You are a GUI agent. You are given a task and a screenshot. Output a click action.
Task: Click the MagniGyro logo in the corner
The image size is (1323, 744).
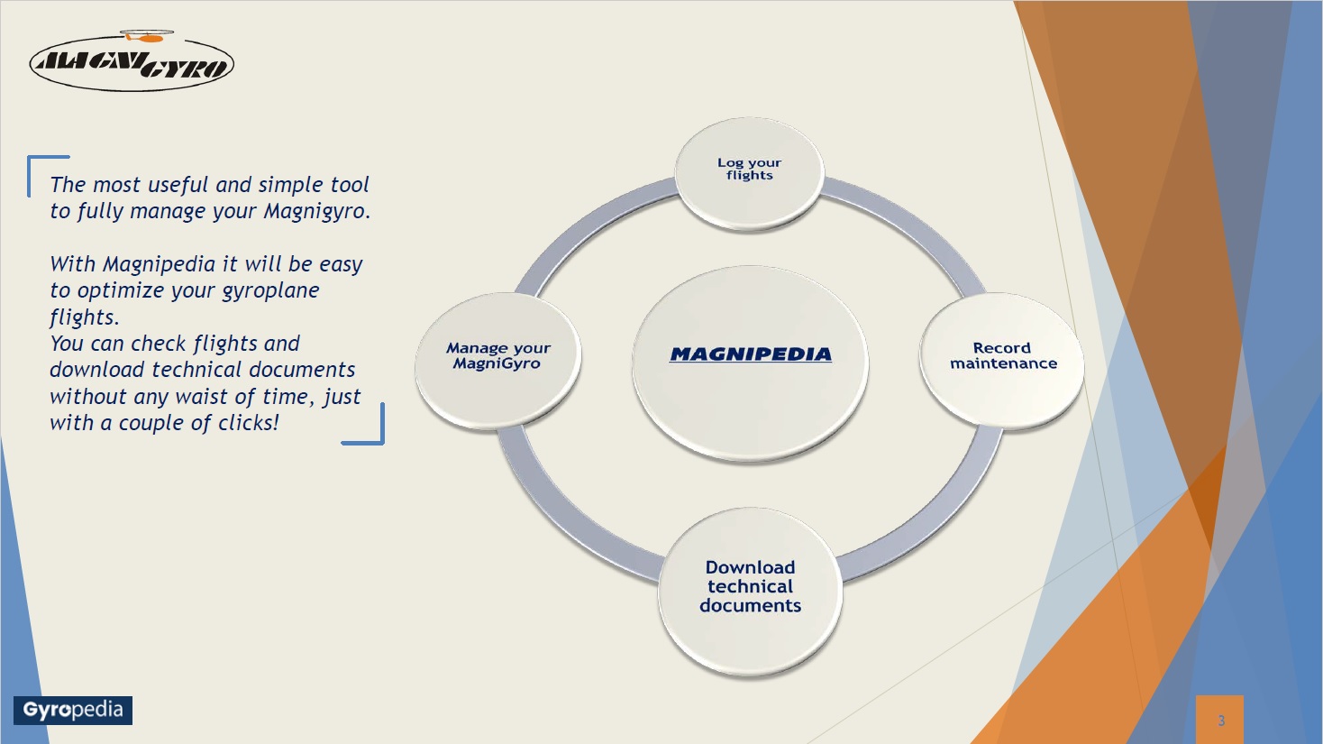(132, 61)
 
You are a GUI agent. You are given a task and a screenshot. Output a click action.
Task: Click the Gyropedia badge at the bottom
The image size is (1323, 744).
(73, 711)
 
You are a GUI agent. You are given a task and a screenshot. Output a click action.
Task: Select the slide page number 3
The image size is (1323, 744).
(1221, 721)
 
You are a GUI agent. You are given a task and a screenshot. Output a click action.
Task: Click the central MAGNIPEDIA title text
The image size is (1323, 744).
(751, 354)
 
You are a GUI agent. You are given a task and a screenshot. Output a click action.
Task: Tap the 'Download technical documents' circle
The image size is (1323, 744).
(750, 591)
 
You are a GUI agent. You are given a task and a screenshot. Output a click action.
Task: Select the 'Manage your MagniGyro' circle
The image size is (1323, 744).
(497, 359)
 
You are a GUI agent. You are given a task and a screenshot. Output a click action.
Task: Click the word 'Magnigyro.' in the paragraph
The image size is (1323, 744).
(317, 212)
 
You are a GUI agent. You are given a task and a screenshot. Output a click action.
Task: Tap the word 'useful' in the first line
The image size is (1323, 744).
(178, 184)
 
